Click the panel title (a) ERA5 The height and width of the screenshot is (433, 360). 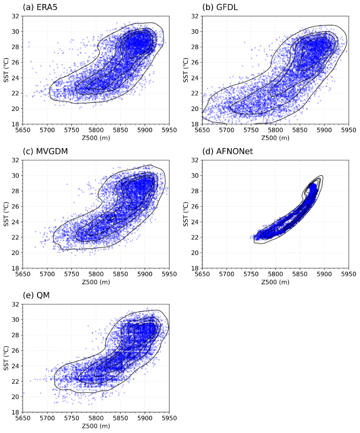click(x=40, y=7)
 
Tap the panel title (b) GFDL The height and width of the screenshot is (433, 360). click(x=219, y=7)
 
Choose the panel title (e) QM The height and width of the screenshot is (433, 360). click(x=36, y=295)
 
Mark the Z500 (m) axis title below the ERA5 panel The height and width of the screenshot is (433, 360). click(x=96, y=138)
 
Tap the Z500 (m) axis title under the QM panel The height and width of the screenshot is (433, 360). click(x=96, y=426)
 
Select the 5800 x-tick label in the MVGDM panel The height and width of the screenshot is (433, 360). click(x=96, y=275)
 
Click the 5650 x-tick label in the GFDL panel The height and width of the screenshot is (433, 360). click(x=202, y=131)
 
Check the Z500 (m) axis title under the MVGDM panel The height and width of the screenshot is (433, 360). click(x=96, y=282)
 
